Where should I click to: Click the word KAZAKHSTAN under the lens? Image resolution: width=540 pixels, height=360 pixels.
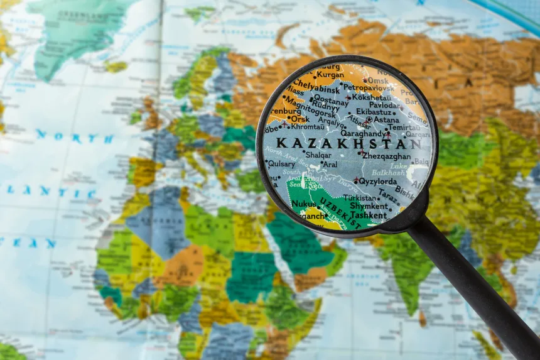pos(349,143)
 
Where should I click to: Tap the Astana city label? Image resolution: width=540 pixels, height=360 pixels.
pos(386,119)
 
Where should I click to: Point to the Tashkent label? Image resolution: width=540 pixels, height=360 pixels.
pos(368,215)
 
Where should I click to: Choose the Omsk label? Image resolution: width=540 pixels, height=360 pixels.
pos(378,80)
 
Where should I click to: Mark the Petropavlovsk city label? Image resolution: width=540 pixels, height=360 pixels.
pos(368,87)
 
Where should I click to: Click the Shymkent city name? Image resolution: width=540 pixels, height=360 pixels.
pos(369,205)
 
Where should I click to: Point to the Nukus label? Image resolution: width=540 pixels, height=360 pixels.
pos(304,204)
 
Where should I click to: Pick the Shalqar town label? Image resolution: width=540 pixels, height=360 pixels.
pos(318,155)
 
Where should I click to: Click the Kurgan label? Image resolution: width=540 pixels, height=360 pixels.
pos(330,74)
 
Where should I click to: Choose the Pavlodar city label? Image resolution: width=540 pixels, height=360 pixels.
pos(385,105)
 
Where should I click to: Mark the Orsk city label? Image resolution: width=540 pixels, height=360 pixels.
pos(299,118)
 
